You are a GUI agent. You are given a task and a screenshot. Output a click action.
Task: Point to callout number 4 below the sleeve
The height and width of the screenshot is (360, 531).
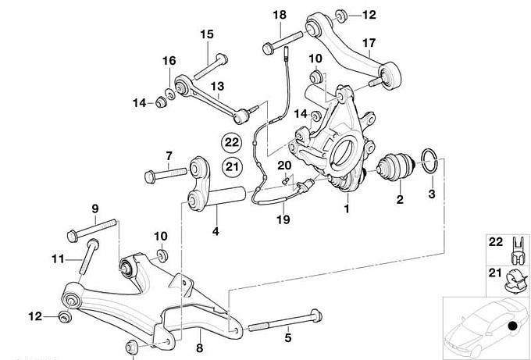click(x=216, y=231)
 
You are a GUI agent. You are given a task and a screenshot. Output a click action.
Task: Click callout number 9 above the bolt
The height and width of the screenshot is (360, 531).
click(x=94, y=209)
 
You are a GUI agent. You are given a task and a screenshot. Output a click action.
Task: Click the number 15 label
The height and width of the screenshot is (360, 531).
click(x=206, y=34)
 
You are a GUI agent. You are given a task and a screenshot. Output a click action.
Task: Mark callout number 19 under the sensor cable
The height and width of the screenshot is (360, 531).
click(x=283, y=220)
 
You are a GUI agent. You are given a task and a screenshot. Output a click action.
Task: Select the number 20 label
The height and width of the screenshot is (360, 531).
click(x=283, y=165)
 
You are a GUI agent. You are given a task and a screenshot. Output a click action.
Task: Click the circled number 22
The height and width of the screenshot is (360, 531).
click(x=231, y=142)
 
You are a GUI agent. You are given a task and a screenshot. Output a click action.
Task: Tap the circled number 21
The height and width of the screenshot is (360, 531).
click(x=231, y=165)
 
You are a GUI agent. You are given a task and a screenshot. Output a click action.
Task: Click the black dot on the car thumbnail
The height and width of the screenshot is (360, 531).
click(x=511, y=326)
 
